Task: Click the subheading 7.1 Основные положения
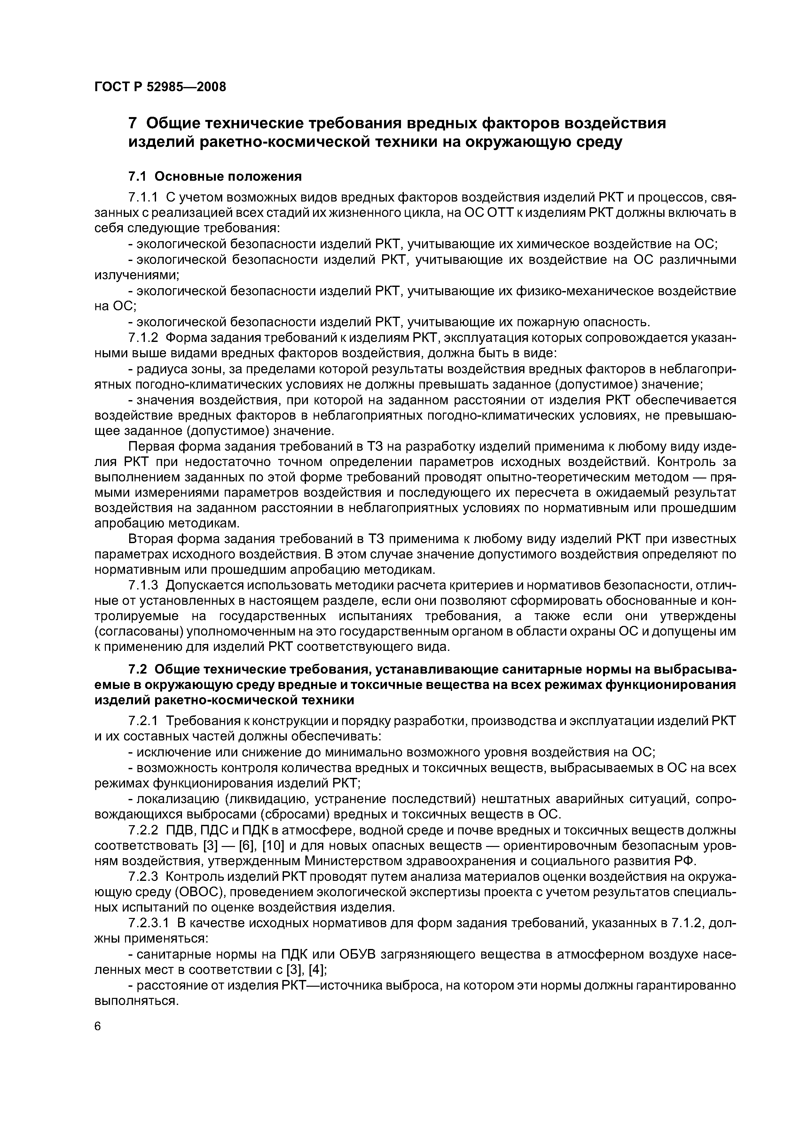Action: pyautogui.click(x=215, y=176)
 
